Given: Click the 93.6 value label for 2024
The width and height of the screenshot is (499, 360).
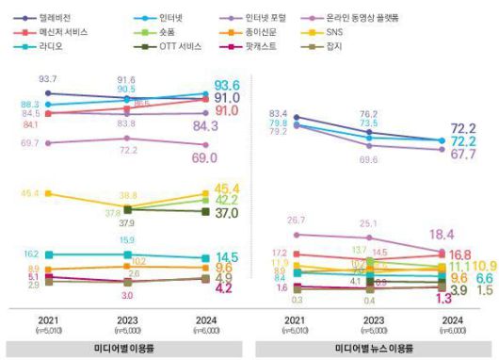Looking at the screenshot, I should coord(228,85).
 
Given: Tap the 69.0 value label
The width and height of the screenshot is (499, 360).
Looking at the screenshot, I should coord(228,158).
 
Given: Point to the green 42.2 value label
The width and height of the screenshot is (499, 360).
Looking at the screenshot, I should coord(228,200).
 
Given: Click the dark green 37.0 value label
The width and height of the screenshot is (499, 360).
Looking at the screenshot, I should coord(228,214).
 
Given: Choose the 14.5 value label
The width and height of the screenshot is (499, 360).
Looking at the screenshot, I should coord(228,257).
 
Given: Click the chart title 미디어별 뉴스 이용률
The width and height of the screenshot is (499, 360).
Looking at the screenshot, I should coord(375,349).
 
